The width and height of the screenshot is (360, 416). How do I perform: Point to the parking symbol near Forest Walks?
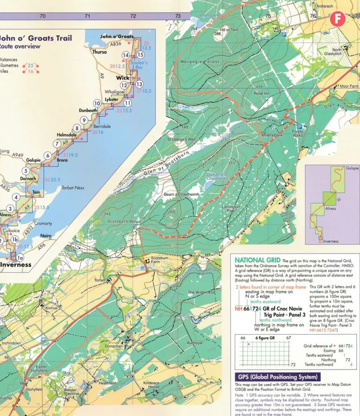[299, 127]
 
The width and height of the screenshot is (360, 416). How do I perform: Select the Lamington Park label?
[231, 209]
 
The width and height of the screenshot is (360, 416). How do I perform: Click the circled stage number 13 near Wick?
[139, 84]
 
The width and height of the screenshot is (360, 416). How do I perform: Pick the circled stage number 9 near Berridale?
[84, 121]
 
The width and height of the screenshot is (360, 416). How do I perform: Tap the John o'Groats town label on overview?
[117, 36]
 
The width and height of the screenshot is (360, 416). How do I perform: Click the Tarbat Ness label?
[72, 188]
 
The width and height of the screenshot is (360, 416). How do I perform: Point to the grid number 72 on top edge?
[133, 16]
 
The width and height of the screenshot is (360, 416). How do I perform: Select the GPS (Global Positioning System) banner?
[278, 377]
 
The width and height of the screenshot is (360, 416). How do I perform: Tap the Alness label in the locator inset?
[330, 208]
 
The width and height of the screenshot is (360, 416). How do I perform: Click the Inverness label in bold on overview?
[16, 264]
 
